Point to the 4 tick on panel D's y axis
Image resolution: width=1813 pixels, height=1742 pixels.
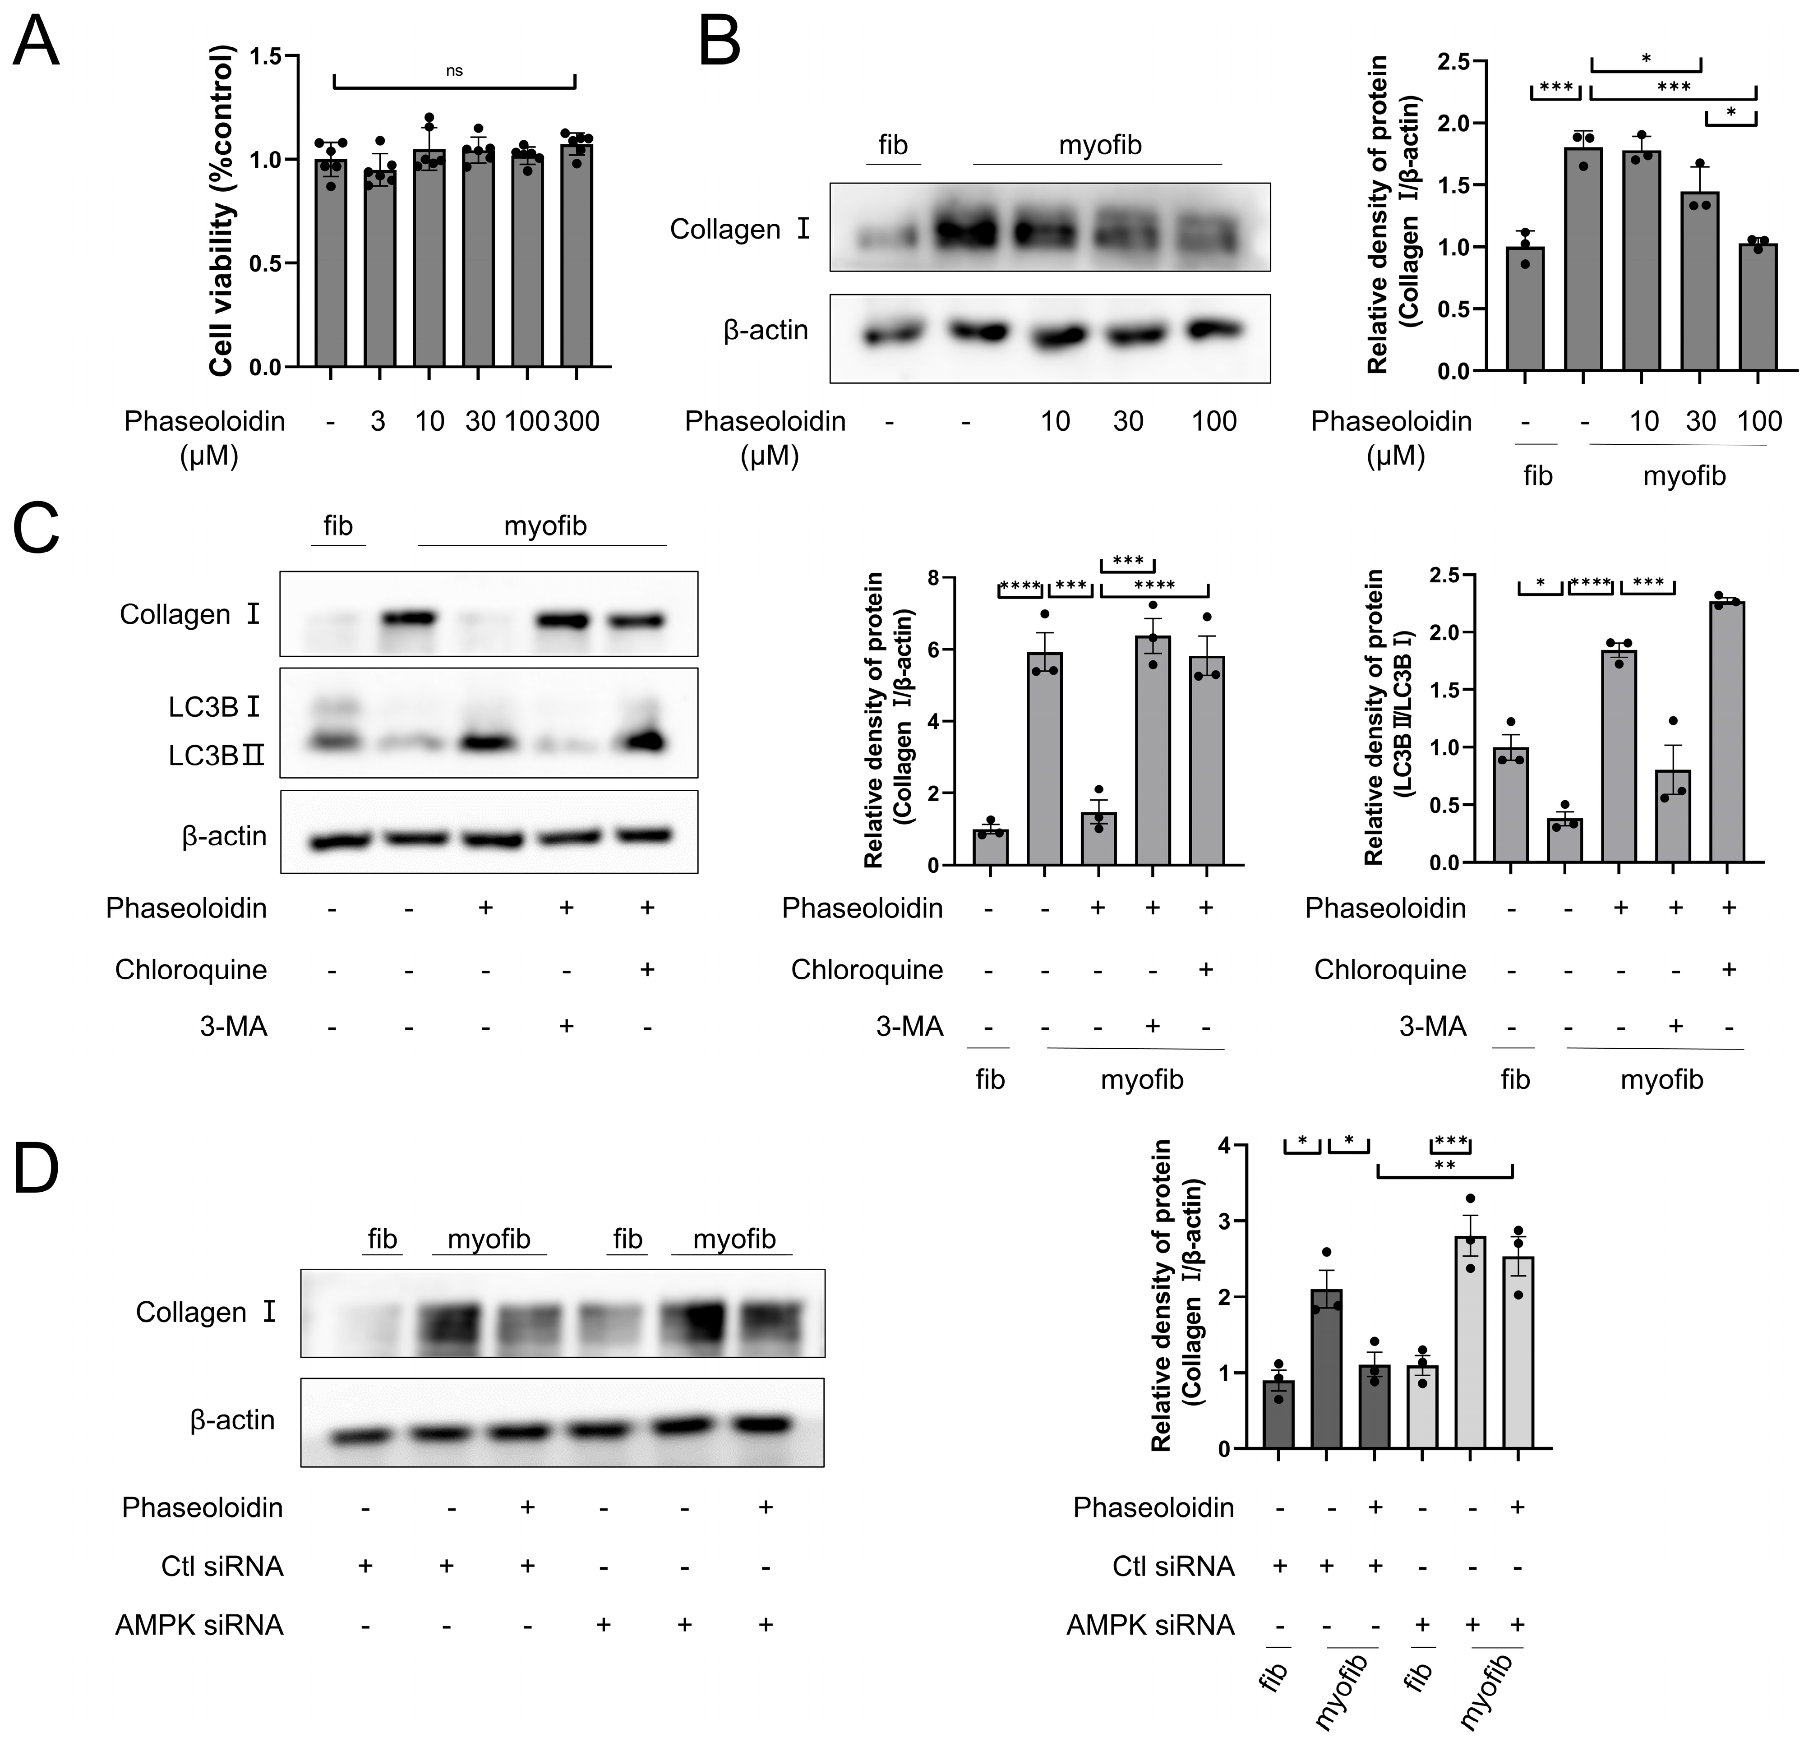(x=1226, y=1145)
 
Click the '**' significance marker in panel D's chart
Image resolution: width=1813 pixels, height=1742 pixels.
(x=1444, y=1166)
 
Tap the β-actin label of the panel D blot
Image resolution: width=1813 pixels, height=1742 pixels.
(x=232, y=1420)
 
